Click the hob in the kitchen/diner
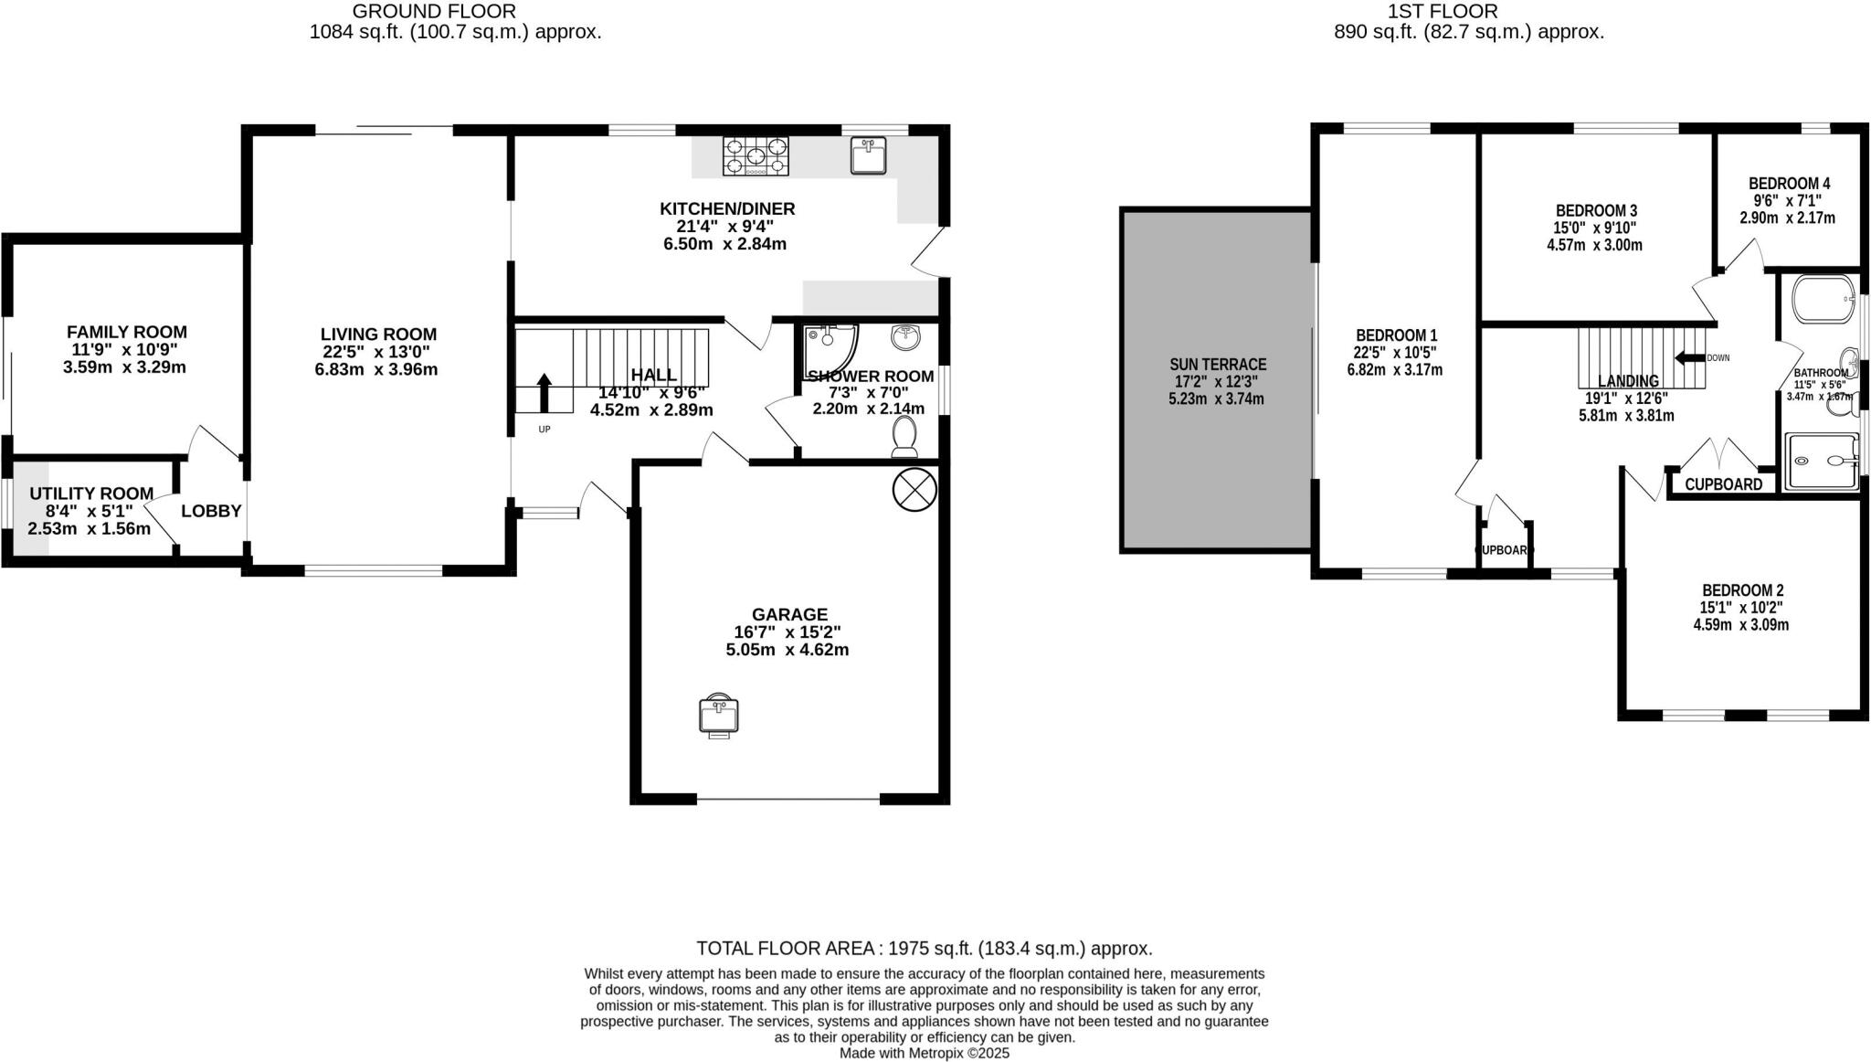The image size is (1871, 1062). click(756, 155)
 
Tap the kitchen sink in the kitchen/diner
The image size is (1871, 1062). click(867, 155)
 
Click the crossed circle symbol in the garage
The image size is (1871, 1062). click(914, 489)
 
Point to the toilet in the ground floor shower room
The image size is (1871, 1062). click(904, 436)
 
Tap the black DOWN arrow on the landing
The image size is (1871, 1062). click(1689, 357)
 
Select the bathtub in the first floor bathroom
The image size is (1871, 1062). click(1823, 299)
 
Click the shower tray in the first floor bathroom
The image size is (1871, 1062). click(1823, 462)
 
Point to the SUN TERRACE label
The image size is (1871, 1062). click(1217, 364)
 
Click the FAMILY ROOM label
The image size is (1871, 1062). click(126, 332)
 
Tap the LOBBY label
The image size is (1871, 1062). click(211, 511)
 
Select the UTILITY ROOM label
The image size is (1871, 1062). click(91, 494)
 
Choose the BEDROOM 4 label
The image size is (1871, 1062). click(1789, 183)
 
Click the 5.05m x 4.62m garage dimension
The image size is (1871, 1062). click(787, 650)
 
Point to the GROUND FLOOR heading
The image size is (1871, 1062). click(434, 12)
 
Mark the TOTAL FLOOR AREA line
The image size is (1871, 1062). click(924, 948)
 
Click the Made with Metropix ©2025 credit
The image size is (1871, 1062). click(924, 1053)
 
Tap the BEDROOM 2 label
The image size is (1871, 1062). click(1741, 590)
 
